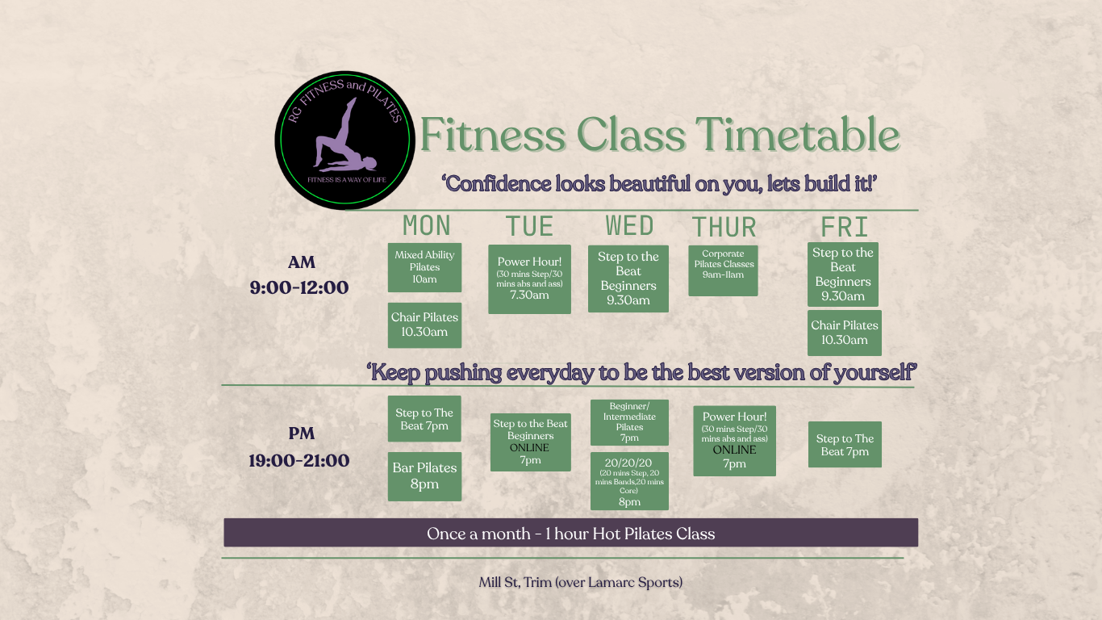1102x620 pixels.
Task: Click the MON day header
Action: (427, 225)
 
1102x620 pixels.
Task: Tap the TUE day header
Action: (529, 227)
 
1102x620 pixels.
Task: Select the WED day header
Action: (629, 225)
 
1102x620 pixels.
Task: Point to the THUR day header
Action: (724, 228)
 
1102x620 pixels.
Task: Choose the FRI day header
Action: (844, 227)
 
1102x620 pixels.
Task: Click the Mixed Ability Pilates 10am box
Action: (424, 267)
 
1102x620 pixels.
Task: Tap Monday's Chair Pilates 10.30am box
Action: (424, 325)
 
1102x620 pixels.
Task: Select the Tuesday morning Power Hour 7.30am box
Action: (529, 279)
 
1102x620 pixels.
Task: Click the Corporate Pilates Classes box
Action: (723, 271)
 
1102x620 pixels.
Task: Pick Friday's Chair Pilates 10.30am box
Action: (844, 333)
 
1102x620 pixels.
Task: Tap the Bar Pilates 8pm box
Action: (424, 476)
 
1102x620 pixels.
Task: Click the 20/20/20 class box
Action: (629, 481)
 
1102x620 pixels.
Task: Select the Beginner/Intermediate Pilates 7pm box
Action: (629, 422)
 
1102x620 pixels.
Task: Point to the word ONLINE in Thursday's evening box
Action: (734, 450)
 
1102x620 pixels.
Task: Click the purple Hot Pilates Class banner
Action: (570, 532)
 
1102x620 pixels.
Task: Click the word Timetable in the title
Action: (798, 135)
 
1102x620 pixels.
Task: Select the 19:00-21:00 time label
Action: (299, 461)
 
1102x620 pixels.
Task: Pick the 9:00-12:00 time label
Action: (299, 287)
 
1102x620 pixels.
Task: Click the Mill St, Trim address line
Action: (581, 583)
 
